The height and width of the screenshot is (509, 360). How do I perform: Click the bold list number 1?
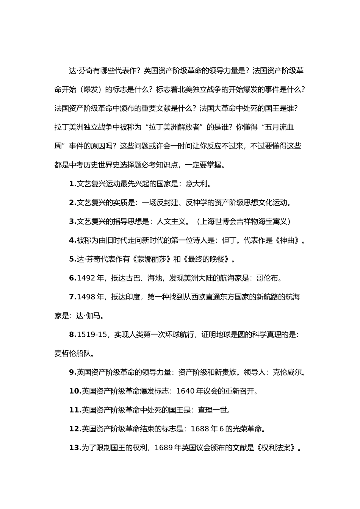pos(72,184)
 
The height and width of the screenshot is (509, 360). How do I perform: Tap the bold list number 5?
pos(72,259)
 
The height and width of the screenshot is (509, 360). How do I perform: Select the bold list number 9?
pos(72,372)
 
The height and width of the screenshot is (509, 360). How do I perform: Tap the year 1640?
pos(185,391)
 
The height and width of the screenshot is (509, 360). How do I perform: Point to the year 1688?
pos(200,429)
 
